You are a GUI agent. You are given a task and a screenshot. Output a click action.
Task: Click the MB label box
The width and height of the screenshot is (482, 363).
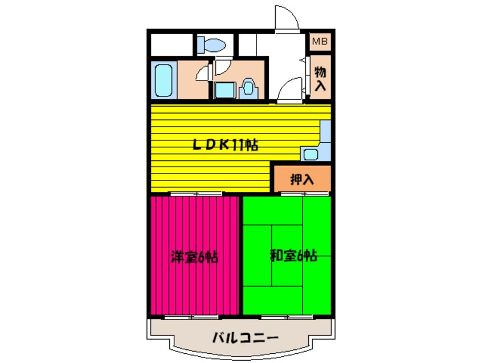[320, 41]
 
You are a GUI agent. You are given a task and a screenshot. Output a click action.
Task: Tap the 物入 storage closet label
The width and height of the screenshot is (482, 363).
[321, 78]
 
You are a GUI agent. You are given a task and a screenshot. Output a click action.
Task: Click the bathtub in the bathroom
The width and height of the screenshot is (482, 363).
[164, 80]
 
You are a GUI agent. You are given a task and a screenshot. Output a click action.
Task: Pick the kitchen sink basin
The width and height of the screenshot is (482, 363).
[311, 154]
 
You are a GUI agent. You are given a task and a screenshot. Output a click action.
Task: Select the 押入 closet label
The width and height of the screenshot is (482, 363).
[302, 179]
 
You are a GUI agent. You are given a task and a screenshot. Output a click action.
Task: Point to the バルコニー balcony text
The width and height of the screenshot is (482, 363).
[246, 338]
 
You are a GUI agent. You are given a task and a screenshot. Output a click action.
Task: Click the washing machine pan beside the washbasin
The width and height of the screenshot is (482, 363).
[225, 90]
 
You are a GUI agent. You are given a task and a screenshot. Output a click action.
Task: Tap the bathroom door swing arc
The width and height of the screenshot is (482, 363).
[201, 74]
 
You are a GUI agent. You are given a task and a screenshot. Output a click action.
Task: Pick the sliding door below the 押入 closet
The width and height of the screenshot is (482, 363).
[302, 194]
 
